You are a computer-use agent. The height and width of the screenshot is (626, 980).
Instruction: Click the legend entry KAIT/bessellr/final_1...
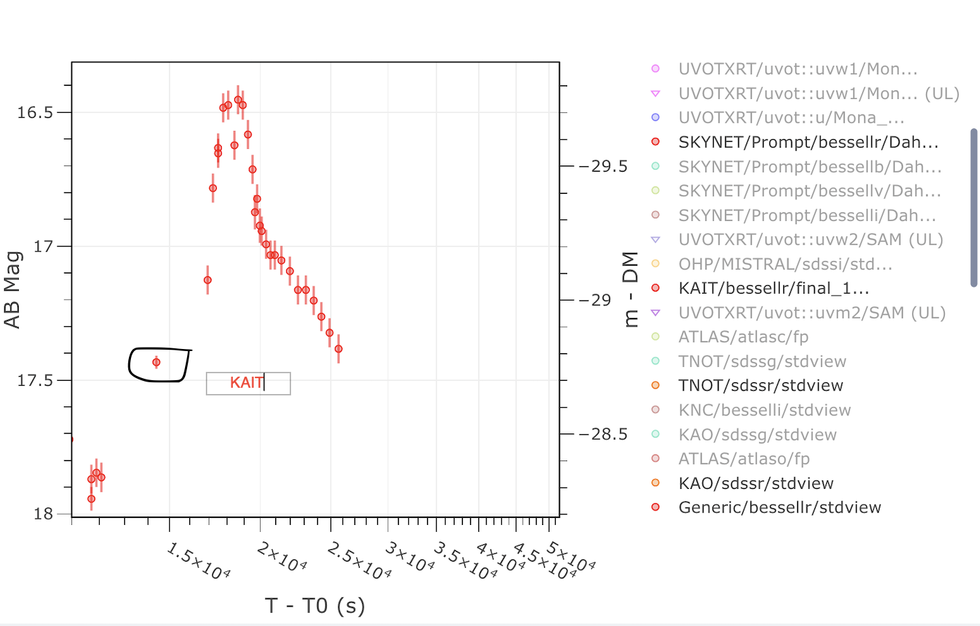[773, 288]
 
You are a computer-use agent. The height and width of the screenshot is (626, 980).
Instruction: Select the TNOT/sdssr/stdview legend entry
[760, 386]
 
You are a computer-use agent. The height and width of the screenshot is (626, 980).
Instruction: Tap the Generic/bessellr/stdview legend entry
[779, 508]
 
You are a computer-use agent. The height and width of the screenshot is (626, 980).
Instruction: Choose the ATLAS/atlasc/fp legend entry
[743, 337]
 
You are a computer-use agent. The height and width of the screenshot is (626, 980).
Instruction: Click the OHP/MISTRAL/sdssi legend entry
[785, 264]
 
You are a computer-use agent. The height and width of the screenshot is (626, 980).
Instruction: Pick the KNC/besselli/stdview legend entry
[764, 410]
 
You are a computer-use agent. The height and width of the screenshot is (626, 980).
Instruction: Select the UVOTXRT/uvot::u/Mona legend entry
[791, 118]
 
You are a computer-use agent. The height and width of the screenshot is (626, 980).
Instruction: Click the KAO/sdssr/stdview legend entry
[755, 483]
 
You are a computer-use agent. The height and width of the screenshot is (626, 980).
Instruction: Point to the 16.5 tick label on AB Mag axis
[35, 112]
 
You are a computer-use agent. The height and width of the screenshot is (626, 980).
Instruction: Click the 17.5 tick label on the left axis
[35, 380]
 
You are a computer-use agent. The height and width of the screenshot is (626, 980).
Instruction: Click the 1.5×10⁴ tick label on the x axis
[198, 561]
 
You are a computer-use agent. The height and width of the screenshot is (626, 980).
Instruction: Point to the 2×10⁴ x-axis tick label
[281, 556]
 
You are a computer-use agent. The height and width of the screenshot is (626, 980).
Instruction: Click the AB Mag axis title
[12, 289]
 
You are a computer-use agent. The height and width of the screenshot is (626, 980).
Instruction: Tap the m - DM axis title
[629, 289]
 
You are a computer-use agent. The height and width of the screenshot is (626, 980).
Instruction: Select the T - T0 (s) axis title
[315, 606]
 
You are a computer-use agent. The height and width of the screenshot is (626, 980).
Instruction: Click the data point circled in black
[157, 362]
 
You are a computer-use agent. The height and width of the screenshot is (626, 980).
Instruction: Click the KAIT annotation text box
[248, 383]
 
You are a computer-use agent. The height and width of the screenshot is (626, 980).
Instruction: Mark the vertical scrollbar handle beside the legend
[974, 208]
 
